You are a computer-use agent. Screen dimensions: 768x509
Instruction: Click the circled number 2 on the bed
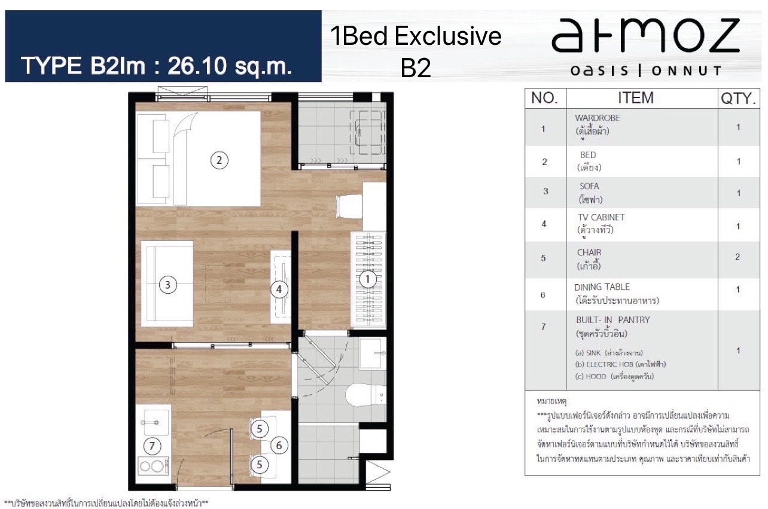219,160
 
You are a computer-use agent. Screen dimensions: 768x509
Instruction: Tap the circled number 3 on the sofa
167,285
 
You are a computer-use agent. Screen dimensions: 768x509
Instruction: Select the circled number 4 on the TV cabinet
279,289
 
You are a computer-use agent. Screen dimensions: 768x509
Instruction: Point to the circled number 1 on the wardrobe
367,279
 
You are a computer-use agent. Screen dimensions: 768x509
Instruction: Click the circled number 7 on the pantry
152,446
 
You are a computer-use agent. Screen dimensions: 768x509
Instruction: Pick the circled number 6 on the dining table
279,445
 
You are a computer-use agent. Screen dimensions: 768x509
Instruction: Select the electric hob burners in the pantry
153,466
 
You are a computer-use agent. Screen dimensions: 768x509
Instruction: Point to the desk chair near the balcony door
349,206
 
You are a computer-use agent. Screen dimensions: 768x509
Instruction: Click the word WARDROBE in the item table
598,118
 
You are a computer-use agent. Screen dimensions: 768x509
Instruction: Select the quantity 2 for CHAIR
737,257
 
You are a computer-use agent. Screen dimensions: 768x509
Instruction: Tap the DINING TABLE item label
602,287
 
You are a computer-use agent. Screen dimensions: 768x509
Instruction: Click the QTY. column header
738,99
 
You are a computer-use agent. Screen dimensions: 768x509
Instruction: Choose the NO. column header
544,98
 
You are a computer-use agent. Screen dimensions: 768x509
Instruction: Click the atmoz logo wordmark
645,36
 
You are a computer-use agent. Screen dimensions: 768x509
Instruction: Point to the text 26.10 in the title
197,65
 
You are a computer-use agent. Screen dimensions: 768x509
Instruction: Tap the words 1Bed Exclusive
416,36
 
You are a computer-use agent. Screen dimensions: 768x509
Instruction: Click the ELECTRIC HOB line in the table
620,364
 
